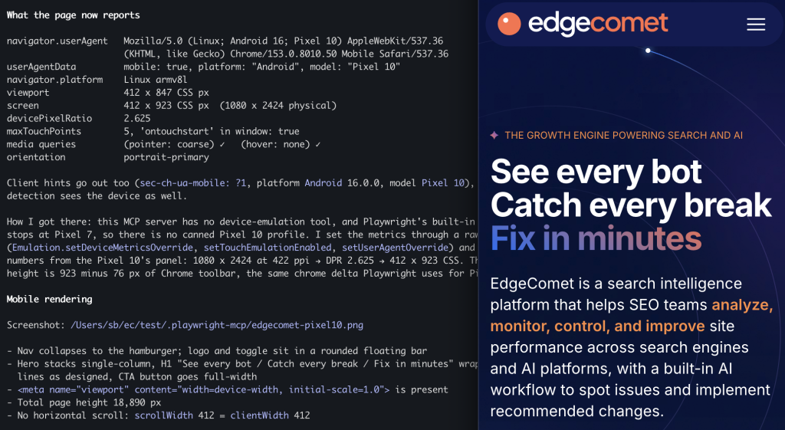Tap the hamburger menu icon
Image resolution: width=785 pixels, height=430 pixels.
point(756,25)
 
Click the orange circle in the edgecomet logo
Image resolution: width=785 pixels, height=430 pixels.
point(509,24)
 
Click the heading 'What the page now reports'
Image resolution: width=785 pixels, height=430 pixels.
point(73,15)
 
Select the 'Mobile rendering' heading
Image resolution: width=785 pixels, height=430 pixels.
point(50,299)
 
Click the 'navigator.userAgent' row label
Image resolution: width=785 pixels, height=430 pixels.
point(57,41)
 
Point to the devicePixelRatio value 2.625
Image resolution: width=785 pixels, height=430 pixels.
point(137,118)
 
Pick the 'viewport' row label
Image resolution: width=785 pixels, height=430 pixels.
point(28,93)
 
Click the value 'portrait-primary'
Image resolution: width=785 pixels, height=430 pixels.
point(166,157)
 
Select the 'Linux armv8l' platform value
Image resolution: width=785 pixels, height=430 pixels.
point(156,80)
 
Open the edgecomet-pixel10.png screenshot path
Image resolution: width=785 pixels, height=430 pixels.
point(217,326)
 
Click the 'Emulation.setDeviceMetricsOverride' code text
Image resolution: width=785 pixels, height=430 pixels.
point(103,248)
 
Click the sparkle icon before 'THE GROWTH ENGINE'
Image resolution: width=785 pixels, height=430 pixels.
point(494,135)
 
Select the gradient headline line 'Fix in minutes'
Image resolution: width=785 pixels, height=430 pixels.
point(596,238)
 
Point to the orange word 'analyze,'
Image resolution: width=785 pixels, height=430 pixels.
point(742,305)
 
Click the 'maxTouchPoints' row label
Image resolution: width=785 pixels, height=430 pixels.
point(44,131)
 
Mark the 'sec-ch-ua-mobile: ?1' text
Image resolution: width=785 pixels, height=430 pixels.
point(193,183)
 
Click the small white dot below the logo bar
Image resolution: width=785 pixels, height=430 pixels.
point(648,51)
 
